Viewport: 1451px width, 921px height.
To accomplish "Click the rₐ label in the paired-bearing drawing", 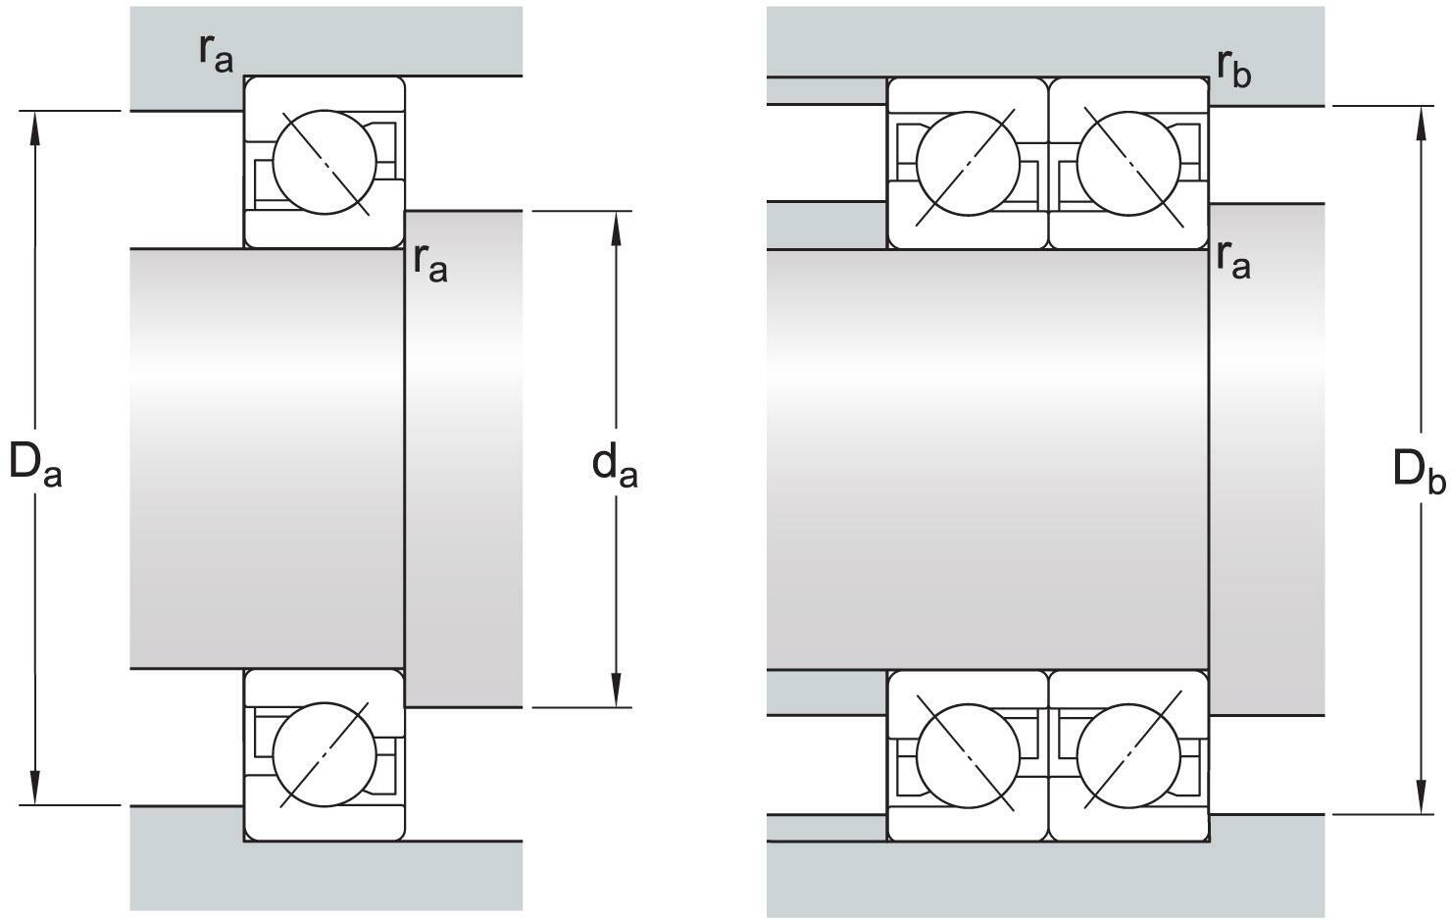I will pos(1233,259).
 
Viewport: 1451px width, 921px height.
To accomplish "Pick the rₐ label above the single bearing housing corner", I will pos(216,53).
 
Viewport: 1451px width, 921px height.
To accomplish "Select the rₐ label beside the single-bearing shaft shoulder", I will pos(430,261).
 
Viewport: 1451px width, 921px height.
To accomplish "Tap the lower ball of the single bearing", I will pos(325,755).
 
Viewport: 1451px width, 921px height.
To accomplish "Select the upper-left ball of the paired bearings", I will pos(967,163).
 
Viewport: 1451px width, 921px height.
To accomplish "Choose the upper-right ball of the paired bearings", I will pos(1128,163).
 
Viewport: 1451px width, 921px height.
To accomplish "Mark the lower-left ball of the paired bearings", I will pos(967,755).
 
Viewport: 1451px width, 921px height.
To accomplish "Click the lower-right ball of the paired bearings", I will pos(1128,755).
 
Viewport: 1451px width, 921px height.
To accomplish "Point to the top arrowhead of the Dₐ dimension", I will pos(35,126).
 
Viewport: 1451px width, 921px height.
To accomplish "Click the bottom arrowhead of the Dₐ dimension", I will pos(35,790).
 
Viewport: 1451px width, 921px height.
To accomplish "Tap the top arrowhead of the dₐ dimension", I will pos(616,227).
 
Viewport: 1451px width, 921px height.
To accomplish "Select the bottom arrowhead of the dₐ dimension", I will pos(616,691).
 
